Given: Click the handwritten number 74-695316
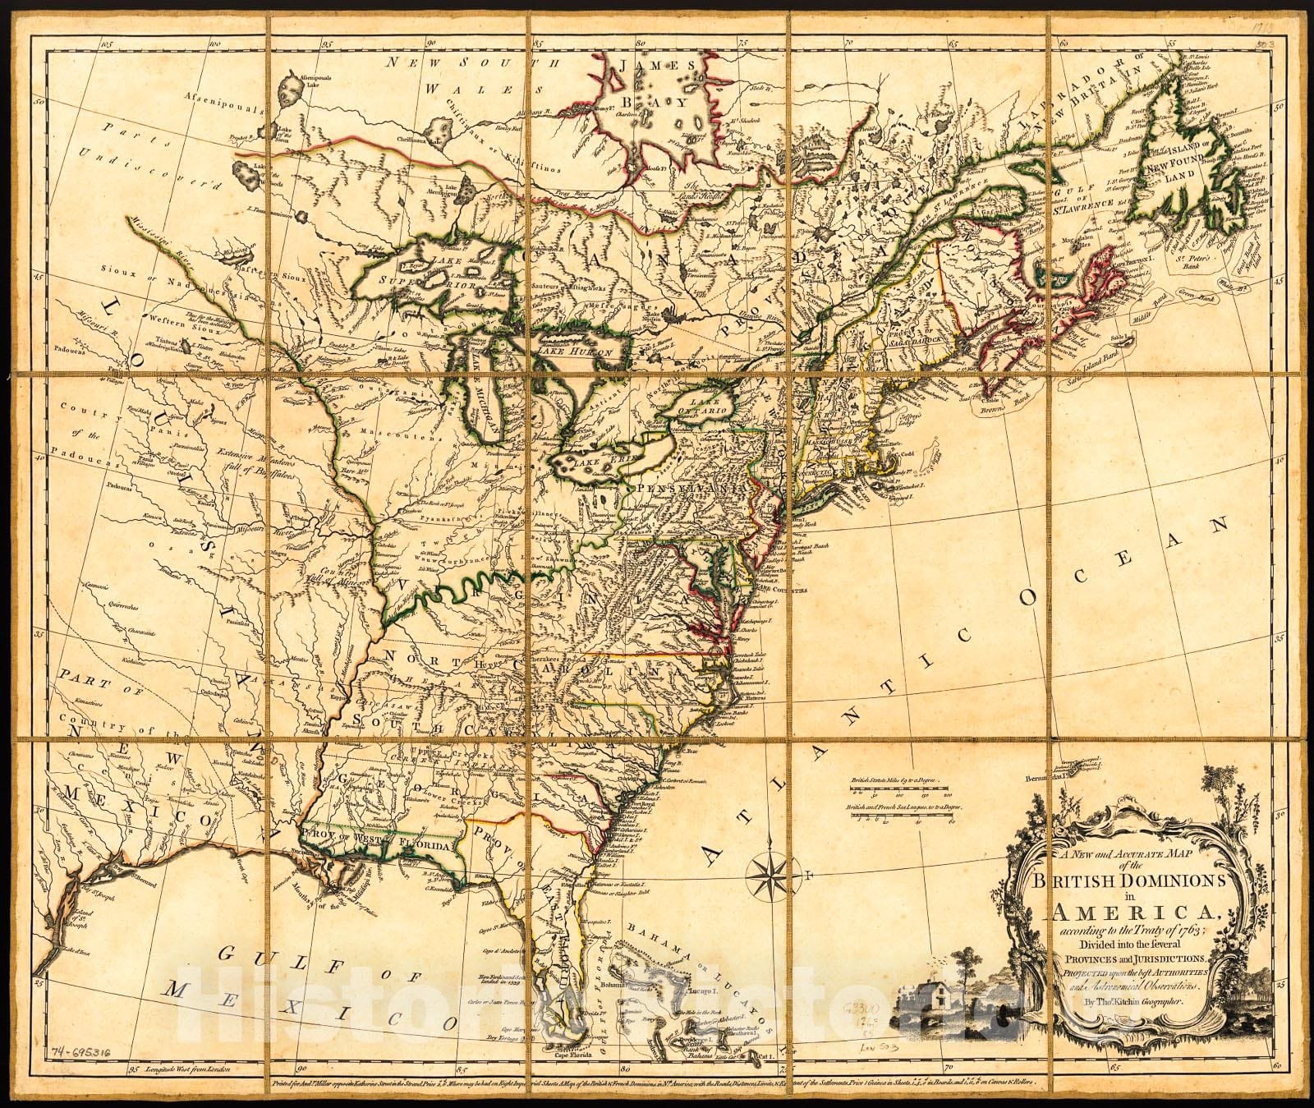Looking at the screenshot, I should click(x=84, y=1054).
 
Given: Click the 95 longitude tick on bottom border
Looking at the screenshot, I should click(x=136, y=1070).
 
